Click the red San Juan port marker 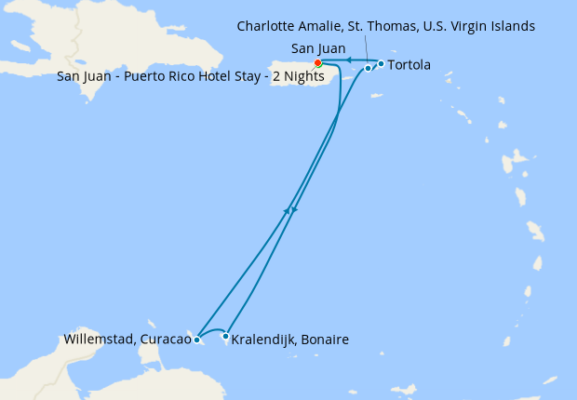click(x=318, y=63)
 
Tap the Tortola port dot click(x=381, y=63)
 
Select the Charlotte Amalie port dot click(x=368, y=68)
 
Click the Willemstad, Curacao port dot click(x=196, y=340)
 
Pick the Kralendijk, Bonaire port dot click(x=226, y=336)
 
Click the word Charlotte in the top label click(x=268, y=26)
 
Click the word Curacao click(x=165, y=340)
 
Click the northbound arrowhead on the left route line click(x=287, y=212)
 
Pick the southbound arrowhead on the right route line click(x=294, y=210)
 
